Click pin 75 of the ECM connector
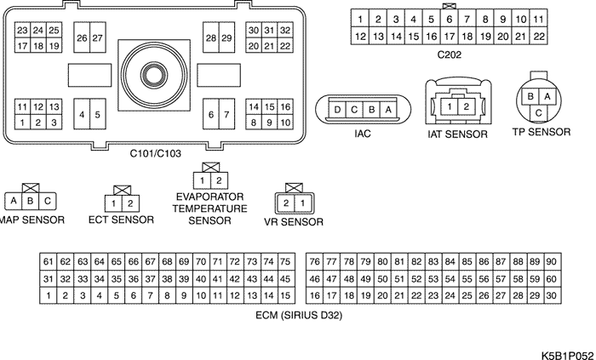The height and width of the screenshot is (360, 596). tap(286, 261)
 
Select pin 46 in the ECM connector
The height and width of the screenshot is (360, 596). tap(314, 279)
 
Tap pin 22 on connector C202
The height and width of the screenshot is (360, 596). tap(539, 36)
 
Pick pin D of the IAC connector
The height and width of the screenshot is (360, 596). tap(337, 110)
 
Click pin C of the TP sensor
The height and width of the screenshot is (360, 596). tap(539, 113)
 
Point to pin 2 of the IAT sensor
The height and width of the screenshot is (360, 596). tap(466, 106)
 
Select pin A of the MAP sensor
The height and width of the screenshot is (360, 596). tap(14, 201)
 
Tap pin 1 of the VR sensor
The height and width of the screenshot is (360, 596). tap(303, 203)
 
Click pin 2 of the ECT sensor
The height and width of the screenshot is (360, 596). tap(130, 203)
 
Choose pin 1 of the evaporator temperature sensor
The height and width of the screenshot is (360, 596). tap(203, 180)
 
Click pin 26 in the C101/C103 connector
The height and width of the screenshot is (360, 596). tap(82, 37)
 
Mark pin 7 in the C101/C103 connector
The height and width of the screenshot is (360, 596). tap(227, 114)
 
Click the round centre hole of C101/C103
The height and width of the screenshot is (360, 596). tap(154, 75)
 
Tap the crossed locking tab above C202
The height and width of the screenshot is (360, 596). tap(449, 6)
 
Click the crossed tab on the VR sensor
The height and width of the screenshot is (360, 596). tap(294, 187)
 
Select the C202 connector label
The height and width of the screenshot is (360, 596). tap(450, 55)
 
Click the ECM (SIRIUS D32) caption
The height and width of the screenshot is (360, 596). tap(299, 316)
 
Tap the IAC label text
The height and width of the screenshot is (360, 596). tap(363, 134)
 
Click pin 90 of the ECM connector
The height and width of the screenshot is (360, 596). tap(553, 261)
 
